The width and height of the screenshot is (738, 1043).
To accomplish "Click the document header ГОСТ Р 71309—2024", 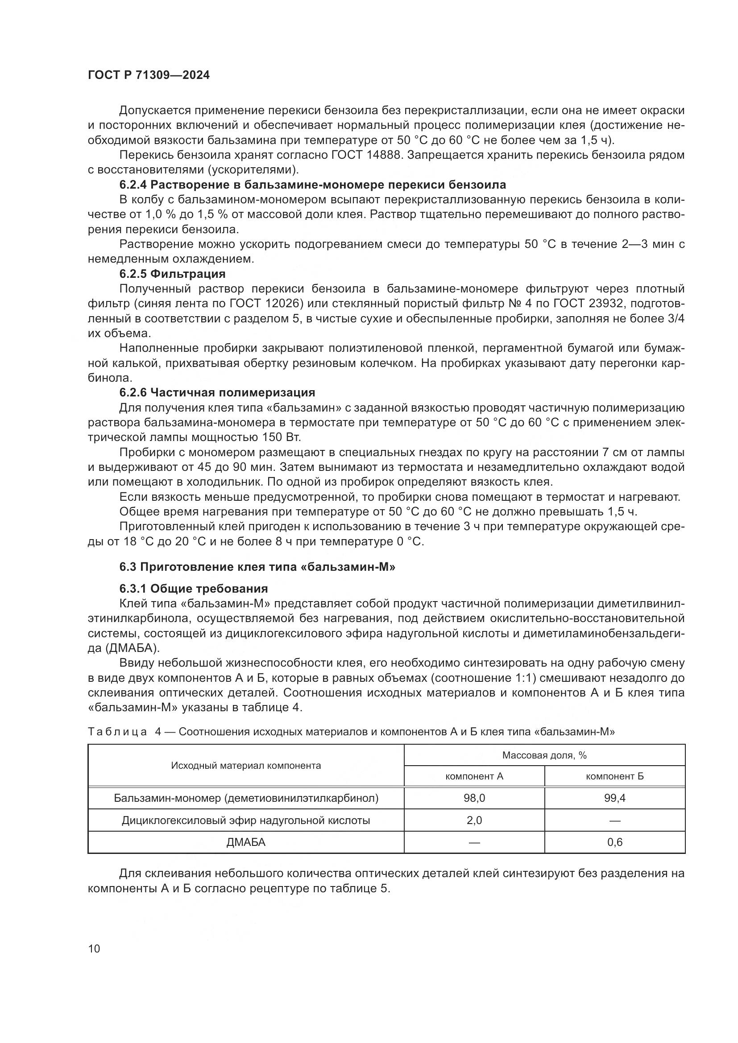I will pyautogui.click(x=149, y=75).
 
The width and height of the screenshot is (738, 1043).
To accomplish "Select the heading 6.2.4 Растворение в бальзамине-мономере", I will pyautogui.click(x=313, y=185).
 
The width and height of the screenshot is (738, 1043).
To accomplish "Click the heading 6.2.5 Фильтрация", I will pyautogui.click(x=173, y=274).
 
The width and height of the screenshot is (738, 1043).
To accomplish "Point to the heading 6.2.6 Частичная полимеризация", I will pyautogui.click(x=217, y=392).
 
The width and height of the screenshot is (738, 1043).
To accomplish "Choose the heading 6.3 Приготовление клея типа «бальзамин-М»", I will pyautogui.click(x=257, y=567).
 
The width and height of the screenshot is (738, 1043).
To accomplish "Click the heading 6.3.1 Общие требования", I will pyautogui.click(x=194, y=589).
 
